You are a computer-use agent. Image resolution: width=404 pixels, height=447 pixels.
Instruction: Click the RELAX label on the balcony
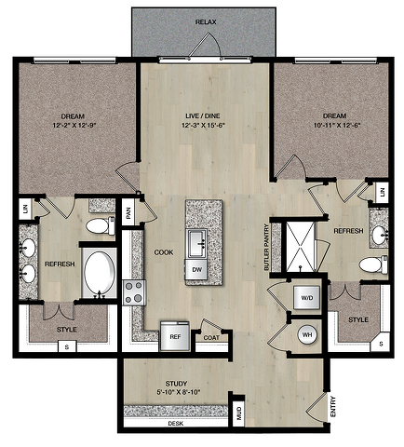pyautogui.click(x=206, y=22)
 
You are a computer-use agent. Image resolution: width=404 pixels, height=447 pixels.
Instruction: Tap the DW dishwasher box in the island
pyautogui.click(x=196, y=269)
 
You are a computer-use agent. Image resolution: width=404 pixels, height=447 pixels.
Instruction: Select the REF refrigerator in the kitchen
pyautogui.click(x=175, y=336)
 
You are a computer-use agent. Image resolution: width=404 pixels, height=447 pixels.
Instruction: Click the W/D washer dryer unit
pyautogui.click(x=307, y=298)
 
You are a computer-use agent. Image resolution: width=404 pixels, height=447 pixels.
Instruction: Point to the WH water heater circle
pyautogui.click(x=307, y=334)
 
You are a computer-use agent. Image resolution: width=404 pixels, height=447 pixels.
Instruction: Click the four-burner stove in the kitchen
pyautogui.click(x=134, y=292)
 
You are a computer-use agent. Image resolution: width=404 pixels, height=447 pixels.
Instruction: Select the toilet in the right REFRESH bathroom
pyautogui.click(x=373, y=264)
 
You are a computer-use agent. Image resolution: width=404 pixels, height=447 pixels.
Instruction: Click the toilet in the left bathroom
pyautogui.click(x=101, y=225)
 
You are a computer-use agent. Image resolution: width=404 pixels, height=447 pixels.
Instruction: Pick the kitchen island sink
pyautogui.click(x=196, y=244)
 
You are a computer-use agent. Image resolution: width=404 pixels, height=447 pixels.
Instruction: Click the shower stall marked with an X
pyautogui.click(x=301, y=247)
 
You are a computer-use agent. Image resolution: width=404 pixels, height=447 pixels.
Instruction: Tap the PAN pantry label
pyautogui.click(x=128, y=212)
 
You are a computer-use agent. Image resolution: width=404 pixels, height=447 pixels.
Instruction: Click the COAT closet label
pyautogui.click(x=211, y=337)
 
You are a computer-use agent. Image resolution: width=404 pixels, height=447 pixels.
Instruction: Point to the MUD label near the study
pyautogui.click(x=239, y=413)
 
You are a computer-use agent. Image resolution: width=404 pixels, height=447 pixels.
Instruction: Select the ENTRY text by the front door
pyautogui.click(x=332, y=406)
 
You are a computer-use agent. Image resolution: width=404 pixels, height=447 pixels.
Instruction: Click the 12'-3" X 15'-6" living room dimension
pyautogui.click(x=203, y=126)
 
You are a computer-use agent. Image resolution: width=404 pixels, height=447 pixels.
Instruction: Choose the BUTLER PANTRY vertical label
pyautogui.click(x=266, y=247)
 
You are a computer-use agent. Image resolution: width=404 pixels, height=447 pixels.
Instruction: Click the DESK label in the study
pyautogui.click(x=176, y=423)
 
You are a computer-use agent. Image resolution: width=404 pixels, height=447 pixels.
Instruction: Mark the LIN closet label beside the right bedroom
pyautogui.click(x=382, y=192)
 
